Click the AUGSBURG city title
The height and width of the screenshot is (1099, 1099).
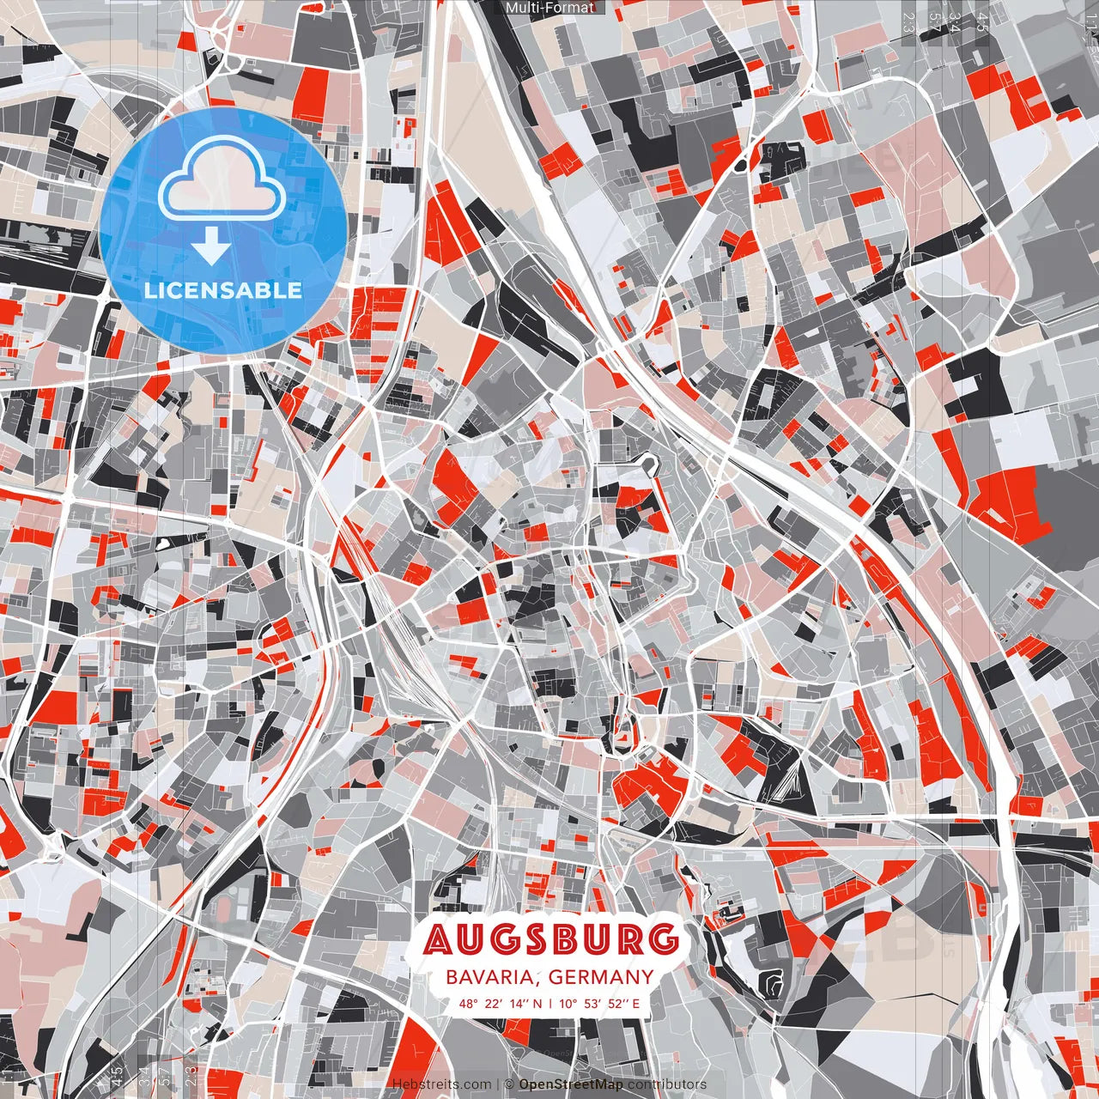click(550, 939)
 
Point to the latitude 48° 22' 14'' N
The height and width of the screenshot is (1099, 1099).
click(500, 1003)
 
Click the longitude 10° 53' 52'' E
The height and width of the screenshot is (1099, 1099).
click(600, 1003)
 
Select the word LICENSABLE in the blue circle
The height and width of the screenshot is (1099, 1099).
click(223, 290)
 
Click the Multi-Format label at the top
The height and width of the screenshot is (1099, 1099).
click(549, 8)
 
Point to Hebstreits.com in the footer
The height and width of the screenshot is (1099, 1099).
click(442, 1084)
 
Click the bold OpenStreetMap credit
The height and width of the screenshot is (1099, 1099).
click(571, 1084)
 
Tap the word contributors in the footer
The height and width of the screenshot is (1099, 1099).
click(667, 1084)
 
